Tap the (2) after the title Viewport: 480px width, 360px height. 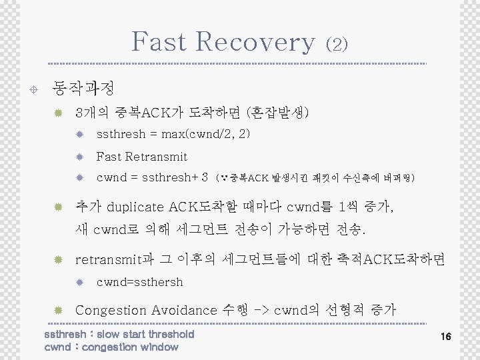coord(337,44)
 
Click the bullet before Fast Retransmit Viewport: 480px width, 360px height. coord(79,157)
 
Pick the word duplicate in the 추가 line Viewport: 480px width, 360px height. coord(136,205)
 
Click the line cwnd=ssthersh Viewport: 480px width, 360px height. coord(139,282)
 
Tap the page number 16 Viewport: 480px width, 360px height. coord(445,337)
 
